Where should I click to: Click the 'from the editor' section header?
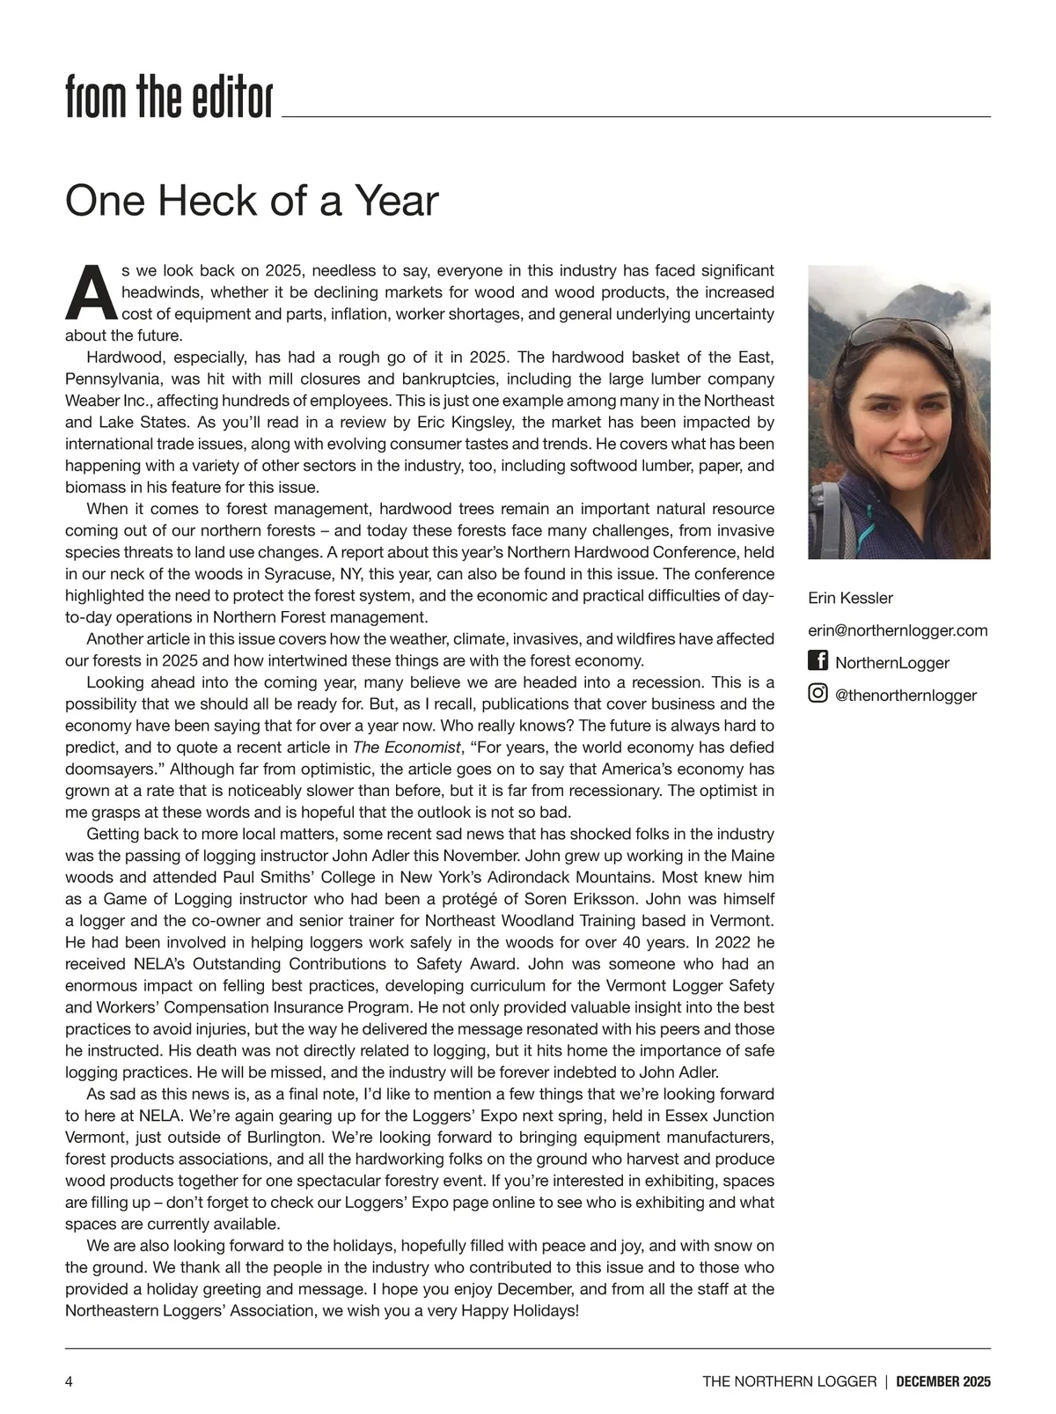coord(169,97)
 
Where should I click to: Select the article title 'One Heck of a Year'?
coord(252,201)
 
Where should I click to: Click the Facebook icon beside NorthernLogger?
coord(818,660)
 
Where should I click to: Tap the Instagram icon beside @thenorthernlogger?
coord(818,693)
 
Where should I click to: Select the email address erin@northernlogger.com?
coord(898,630)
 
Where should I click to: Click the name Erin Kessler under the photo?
coord(850,598)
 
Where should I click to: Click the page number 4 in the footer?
coord(70,1381)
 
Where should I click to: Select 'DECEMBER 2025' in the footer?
coord(943,1381)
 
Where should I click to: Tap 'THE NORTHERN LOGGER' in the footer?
coord(789,1381)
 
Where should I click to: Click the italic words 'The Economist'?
coord(407,748)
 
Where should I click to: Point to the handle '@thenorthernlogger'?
coord(906,696)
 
